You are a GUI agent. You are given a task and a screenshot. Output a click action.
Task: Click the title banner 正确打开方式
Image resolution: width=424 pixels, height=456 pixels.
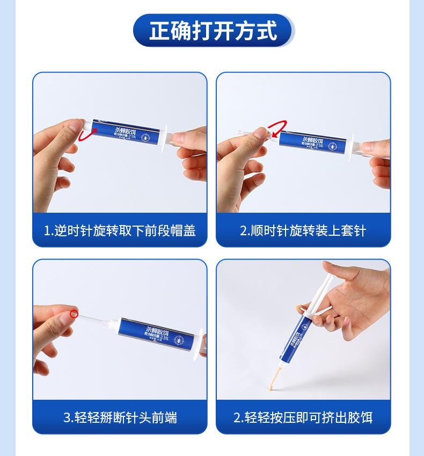click(x=213, y=31)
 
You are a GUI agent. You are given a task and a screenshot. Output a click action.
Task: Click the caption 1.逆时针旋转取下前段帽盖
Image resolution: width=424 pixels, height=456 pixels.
click(x=119, y=231)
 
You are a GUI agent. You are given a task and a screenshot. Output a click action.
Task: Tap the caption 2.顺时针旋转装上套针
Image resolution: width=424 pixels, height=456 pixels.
click(x=303, y=231)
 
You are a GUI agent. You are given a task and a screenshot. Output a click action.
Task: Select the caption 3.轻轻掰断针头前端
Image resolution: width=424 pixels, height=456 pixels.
click(x=120, y=417)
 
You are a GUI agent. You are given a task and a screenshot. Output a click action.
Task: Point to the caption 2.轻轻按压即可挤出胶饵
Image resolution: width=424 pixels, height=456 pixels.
click(x=303, y=417)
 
